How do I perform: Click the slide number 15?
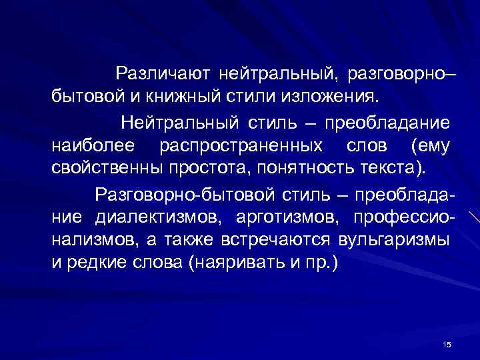tap(447, 344)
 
